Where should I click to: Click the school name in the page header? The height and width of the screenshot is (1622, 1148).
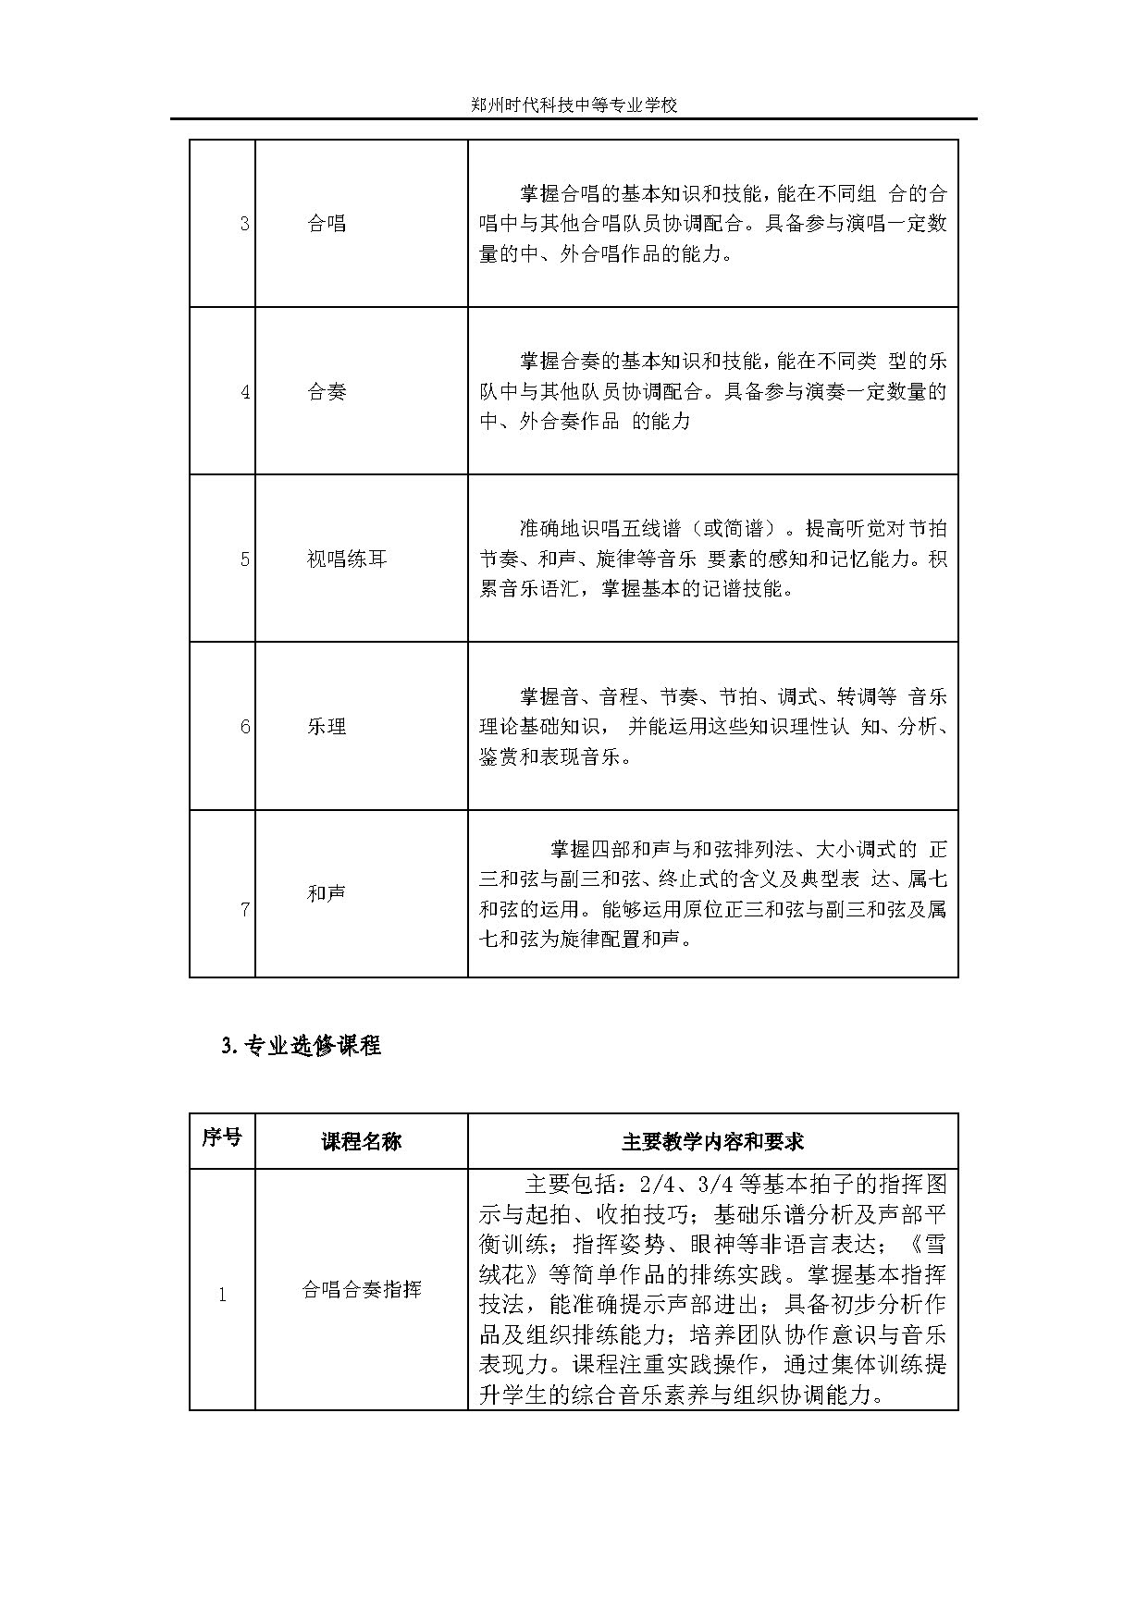[574, 105]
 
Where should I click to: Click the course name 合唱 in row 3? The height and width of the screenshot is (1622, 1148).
[327, 224]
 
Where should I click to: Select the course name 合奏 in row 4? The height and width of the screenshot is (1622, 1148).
[327, 392]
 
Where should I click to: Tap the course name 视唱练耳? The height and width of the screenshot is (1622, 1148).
[347, 559]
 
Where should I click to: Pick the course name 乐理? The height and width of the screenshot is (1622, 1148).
[327, 727]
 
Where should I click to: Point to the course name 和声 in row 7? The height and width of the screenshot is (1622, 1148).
[327, 894]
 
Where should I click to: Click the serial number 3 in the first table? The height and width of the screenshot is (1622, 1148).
[244, 225]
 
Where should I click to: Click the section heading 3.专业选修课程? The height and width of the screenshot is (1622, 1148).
[302, 1047]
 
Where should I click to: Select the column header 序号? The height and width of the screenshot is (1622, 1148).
[222, 1137]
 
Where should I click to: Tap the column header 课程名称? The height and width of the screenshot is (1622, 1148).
[361, 1142]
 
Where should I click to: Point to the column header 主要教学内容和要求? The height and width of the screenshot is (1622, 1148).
[712, 1142]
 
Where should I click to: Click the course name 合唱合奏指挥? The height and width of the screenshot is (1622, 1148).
[361, 1290]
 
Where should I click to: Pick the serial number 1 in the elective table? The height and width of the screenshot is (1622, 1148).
[222, 1296]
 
